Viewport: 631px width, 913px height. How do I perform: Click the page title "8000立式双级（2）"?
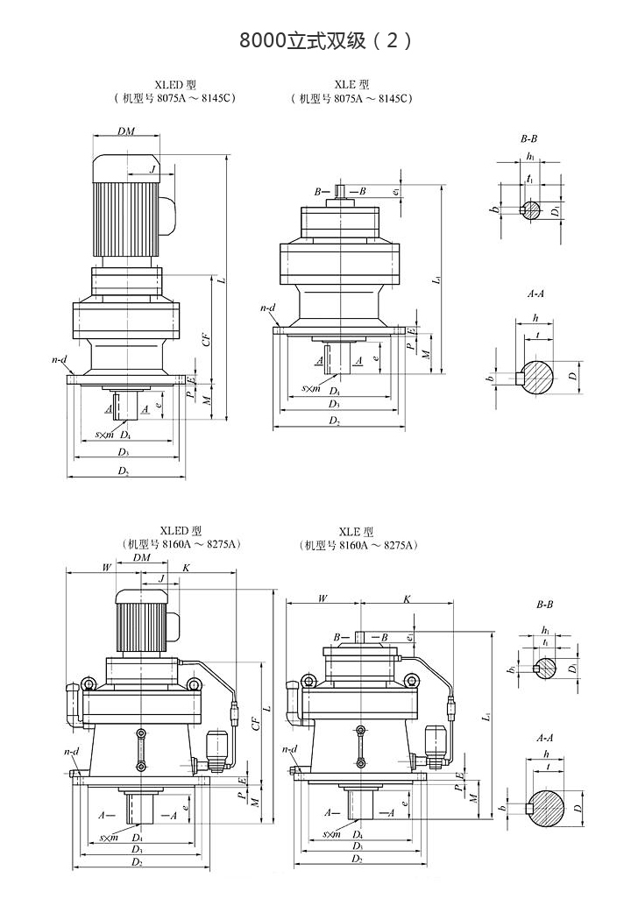(325, 40)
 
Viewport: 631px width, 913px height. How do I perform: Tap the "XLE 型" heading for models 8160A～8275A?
(357, 532)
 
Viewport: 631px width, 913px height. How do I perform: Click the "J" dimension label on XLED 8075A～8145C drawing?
(152, 168)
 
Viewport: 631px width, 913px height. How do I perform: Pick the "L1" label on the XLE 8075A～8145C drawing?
(436, 281)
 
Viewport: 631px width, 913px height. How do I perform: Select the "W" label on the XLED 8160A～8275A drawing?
(106, 567)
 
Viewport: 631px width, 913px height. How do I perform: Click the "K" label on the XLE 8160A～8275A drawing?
(407, 599)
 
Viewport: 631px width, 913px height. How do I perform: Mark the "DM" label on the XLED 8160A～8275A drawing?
(141, 558)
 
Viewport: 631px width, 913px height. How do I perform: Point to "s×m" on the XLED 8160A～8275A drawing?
(110, 839)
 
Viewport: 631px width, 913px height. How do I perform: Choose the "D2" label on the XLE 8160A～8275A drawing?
(357, 860)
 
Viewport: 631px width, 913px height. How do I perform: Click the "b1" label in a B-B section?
(510, 670)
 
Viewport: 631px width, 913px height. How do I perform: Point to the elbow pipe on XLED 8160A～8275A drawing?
(73, 706)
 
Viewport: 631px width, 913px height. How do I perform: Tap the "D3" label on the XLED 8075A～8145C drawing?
(124, 452)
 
